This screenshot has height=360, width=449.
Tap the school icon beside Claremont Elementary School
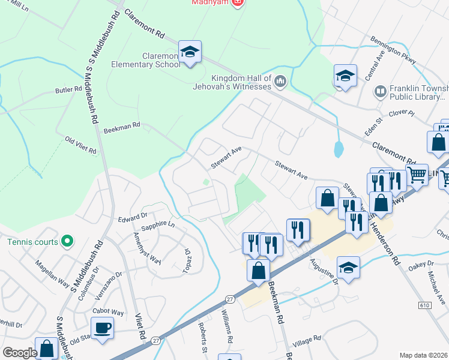190,53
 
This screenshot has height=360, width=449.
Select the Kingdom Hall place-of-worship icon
280,81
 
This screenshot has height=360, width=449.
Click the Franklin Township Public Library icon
379,91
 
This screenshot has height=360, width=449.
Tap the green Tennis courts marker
67,242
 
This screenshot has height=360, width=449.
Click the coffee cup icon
101,328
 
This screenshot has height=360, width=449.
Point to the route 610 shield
425,305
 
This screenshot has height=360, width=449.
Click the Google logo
20,353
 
